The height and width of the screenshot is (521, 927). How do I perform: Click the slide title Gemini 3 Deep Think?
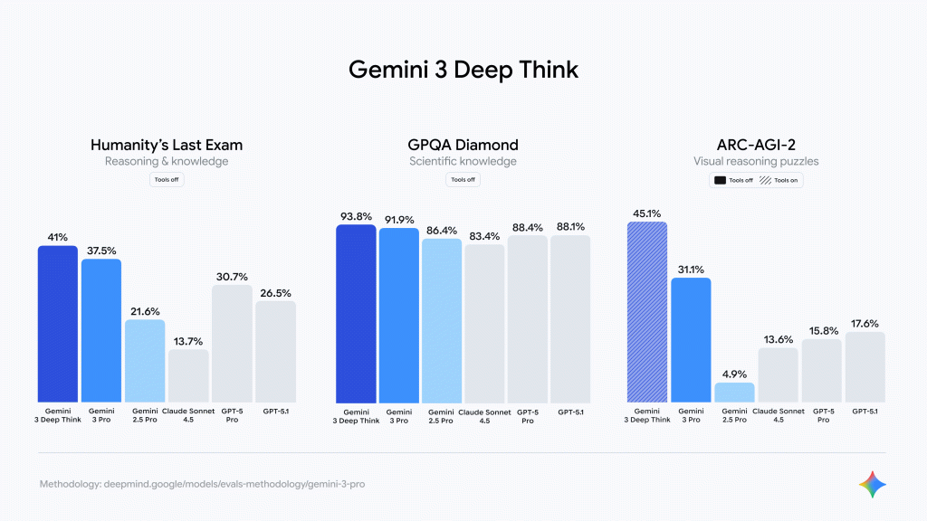tap(463, 70)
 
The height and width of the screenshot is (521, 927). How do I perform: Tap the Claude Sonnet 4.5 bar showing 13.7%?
tap(188, 375)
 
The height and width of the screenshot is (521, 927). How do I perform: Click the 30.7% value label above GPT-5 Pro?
tap(232, 276)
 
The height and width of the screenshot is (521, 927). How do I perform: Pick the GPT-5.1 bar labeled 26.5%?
tap(275, 352)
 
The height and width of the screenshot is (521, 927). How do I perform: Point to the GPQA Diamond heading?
tap(463, 145)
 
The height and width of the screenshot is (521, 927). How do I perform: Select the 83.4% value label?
tap(484, 235)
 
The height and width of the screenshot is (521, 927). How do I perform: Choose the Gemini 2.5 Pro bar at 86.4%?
tap(442, 320)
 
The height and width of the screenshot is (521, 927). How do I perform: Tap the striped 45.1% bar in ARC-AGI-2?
tap(647, 312)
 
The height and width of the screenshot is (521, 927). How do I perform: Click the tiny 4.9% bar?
tap(734, 393)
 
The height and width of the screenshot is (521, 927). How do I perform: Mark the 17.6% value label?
tap(865, 323)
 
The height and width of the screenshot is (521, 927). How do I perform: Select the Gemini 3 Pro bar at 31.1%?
tap(691, 340)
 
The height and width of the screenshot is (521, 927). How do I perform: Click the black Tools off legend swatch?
tap(721, 180)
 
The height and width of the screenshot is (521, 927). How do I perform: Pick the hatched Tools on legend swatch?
tap(766, 180)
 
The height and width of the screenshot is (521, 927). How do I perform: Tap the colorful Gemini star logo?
tap(873, 484)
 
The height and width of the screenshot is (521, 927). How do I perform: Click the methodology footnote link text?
tap(203, 484)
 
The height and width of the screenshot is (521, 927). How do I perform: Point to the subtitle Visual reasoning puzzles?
tap(756, 161)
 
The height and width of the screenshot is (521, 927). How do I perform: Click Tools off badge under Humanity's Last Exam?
tap(167, 179)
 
